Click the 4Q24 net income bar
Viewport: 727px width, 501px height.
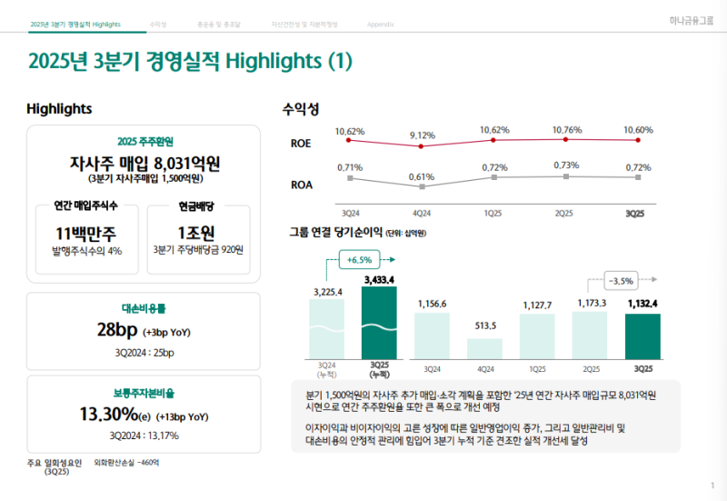pos(484,348)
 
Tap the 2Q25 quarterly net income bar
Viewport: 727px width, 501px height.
pos(590,335)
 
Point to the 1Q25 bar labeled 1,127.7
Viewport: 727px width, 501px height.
pos(537,336)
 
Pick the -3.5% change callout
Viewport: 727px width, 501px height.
pos(622,281)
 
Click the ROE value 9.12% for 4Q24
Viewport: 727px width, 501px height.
pos(423,135)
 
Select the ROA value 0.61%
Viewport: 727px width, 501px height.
pos(422,176)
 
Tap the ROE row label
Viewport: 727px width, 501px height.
pos(301,144)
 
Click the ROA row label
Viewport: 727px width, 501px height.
pos(302,184)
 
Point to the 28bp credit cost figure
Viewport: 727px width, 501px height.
pos(117,329)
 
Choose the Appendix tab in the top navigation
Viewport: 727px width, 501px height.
pos(379,24)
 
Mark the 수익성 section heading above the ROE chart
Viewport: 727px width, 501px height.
pos(301,109)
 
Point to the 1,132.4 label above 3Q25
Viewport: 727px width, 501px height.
pos(642,304)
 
